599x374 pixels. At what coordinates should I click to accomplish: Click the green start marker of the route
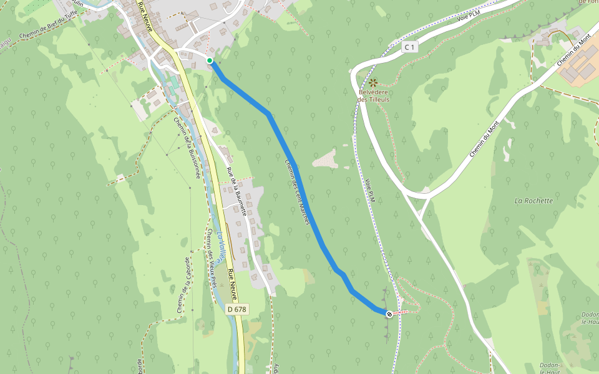210,60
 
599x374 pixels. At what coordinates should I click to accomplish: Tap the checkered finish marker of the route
389,314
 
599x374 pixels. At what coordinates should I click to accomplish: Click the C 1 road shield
409,47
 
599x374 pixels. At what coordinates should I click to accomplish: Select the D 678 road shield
236,309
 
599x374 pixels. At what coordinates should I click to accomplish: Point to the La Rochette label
533,201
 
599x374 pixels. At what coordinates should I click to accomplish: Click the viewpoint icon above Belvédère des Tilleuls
373,82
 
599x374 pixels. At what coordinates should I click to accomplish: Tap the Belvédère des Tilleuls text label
374,95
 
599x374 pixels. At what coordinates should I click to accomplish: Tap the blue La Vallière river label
222,246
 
